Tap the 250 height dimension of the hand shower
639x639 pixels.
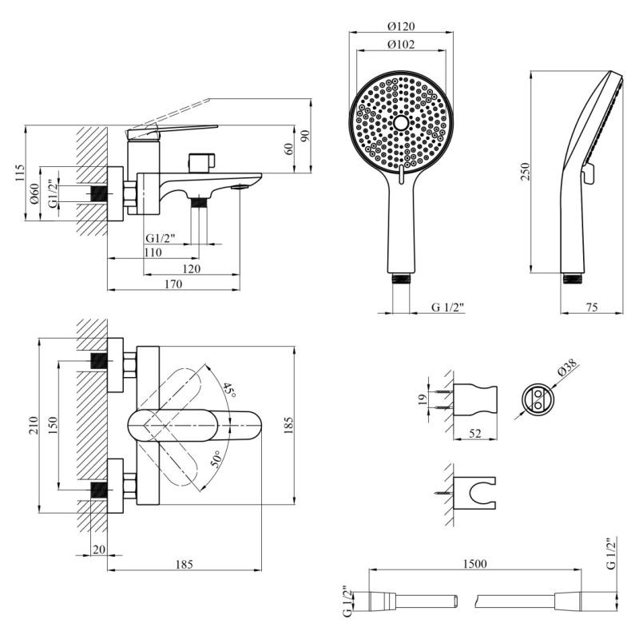[526, 172]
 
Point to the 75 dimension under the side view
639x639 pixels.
[592, 307]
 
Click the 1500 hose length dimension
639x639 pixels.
[474, 563]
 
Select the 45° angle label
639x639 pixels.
[229, 389]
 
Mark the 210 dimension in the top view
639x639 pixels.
[31, 424]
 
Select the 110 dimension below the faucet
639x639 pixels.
[153, 252]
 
